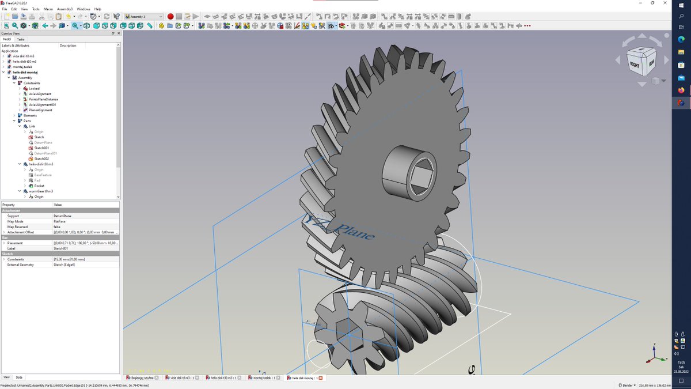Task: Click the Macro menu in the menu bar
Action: click(x=48, y=9)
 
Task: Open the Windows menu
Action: click(x=83, y=9)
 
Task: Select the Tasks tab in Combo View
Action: click(x=21, y=39)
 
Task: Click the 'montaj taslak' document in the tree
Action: click(x=22, y=67)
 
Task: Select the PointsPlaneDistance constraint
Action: click(x=43, y=99)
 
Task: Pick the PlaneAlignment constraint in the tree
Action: click(x=40, y=110)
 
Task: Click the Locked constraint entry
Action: click(x=34, y=89)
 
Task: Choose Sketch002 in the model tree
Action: click(x=41, y=159)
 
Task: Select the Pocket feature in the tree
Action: click(x=39, y=186)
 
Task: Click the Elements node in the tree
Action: click(x=31, y=116)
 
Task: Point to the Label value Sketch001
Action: click(x=61, y=248)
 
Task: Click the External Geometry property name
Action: click(x=21, y=265)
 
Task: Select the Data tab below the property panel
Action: click(x=19, y=377)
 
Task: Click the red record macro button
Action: click(x=170, y=17)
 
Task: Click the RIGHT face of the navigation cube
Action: click(x=635, y=65)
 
